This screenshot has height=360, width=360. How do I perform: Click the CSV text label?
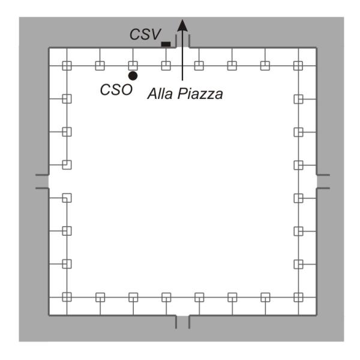click(x=145, y=35)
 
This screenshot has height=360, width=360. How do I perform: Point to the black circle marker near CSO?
click(x=133, y=76)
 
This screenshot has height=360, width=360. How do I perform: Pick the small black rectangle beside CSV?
click(x=166, y=44)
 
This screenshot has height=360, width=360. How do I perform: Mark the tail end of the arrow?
click(x=183, y=79)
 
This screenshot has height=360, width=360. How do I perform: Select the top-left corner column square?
click(x=67, y=65)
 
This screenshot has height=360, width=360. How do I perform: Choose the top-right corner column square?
click(x=298, y=65)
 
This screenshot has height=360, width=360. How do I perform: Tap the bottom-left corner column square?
click(x=67, y=296)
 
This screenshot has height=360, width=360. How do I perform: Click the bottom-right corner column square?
click(x=298, y=296)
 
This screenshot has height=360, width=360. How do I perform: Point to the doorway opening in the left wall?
click(x=49, y=181)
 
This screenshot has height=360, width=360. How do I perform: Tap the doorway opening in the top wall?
click(x=183, y=47)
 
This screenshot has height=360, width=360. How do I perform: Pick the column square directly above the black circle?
click(x=133, y=65)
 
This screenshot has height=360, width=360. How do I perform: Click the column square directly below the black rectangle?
click(x=166, y=65)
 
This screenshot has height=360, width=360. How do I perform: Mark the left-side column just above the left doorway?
click(x=67, y=164)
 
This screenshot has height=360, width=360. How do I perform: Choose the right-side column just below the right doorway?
click(x=298, y=197)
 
